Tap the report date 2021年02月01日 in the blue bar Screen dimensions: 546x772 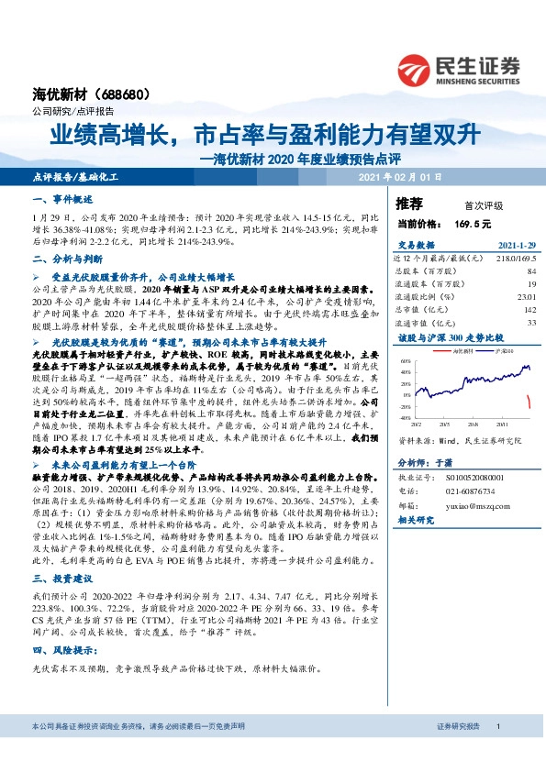[399, 175]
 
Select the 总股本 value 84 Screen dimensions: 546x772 [530, 271]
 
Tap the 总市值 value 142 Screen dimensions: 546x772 [529, 309]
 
